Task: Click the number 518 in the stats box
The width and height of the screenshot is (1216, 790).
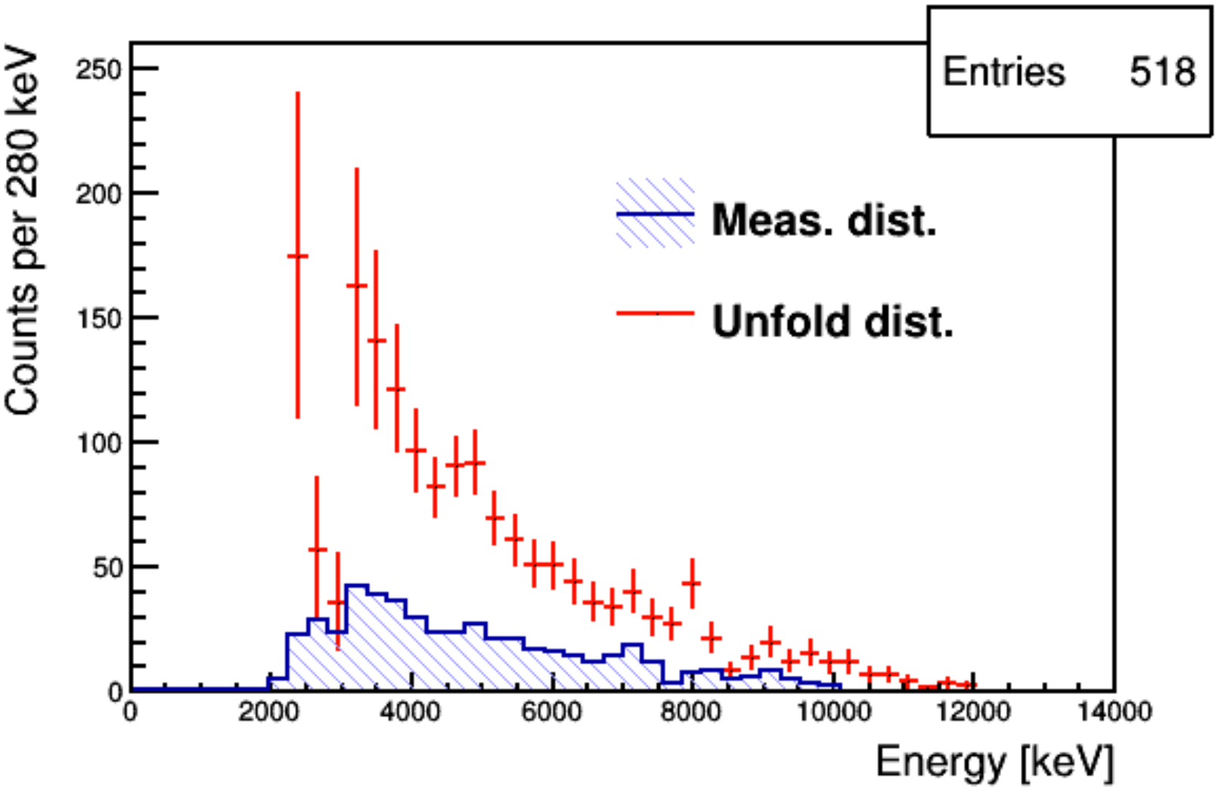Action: (x=1162, y=73)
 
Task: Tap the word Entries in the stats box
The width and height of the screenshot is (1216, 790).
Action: (x=1004, y=73)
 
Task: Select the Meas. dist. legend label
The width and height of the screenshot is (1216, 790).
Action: (x=824, y=220)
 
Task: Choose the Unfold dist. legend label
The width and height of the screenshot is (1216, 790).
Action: (x=833, y=322)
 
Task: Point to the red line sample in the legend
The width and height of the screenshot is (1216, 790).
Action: (x=655, y=313)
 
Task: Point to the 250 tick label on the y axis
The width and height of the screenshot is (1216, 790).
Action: (x=98, y=70)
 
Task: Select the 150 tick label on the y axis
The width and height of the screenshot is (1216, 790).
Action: (x=98, y=319)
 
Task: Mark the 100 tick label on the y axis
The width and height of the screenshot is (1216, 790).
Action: (x=98, y=443)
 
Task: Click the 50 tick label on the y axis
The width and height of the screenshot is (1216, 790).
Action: (x=107, y=568)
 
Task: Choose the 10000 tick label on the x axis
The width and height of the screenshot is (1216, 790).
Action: (x=832, y=713)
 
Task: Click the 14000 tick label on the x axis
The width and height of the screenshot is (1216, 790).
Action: (x=1113, y=713)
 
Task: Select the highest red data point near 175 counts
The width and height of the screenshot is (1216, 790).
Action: (x=297, y=257)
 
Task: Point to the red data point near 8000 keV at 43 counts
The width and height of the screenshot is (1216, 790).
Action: (x=691, y=583)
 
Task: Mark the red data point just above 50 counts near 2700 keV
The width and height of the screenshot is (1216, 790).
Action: (x=317, y=549)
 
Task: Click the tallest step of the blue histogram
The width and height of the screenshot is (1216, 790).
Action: (x=356, y=586)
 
